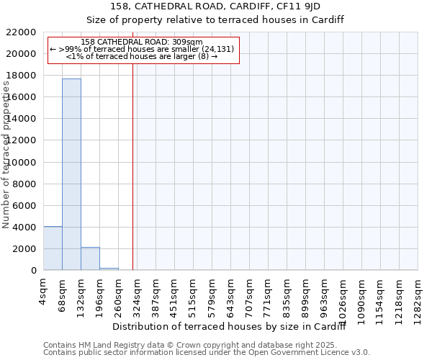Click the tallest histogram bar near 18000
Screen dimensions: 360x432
pos(71,174)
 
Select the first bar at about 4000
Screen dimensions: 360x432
pos(53,248)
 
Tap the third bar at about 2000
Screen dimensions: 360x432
pos(90,258)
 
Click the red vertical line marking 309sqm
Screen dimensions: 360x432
pos(132,166)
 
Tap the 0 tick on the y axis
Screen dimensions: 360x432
pos(33,271)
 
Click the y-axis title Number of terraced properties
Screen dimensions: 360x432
pos(6,155)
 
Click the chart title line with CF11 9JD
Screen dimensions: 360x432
pos(216,6)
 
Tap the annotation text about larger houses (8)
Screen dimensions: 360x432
pos(142,55)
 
